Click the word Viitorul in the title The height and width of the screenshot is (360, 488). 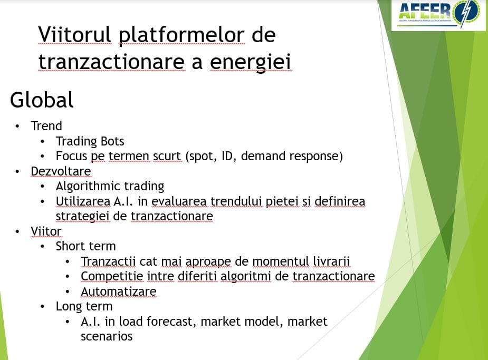pos(74,34)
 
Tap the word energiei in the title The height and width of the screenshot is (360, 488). pos(250,62)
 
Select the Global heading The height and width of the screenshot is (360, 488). pos(42,100)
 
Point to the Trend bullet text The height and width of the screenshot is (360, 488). pos(46,126)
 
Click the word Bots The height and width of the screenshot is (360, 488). pos(112,141)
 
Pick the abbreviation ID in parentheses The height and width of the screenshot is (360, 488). pos(227,156)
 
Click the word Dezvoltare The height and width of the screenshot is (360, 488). pos(61,171)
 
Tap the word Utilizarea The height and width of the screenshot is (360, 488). pos(83,201)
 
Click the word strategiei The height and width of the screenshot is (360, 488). pos(82,216)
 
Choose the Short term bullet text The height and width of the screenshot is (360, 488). pos(86,246)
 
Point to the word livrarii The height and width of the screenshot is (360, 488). pos(331,261)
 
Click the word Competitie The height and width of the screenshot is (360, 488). pos(112,276)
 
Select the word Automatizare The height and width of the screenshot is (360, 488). pos(119,291)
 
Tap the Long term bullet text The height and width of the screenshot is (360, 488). pos(84,307)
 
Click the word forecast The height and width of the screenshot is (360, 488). pos(171,322)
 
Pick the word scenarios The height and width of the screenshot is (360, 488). pos(107,336)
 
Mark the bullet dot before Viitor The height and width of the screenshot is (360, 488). pos(17,231)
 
